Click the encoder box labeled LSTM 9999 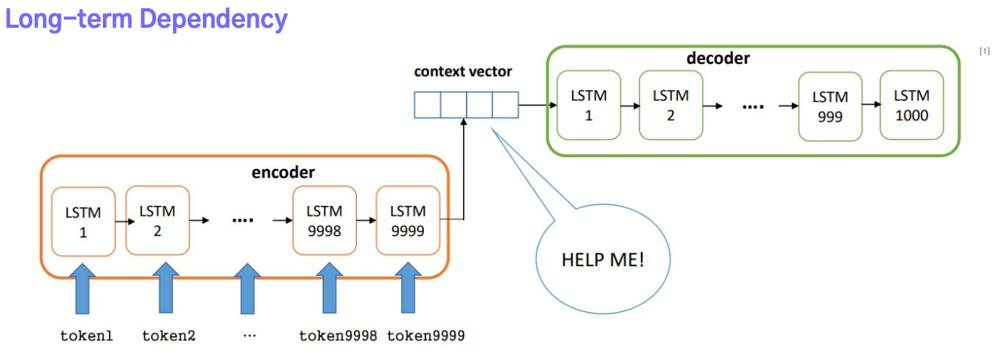(x=408, y=220)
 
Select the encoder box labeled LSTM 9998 (x=324, y=220)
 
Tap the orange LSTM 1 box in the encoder (x=83, y=222)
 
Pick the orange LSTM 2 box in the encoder (x=157, y=220)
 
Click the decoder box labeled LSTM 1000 (x=912, y=105)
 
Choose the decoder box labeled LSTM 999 (x=830, y=107)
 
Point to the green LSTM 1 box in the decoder (x=588, y=105)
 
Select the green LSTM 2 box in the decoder (x=671, y=105)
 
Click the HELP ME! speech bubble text (x=603, y=259)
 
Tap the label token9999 (x=425, y=335)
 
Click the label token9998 (x=338, y=335)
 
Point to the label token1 (x=86, y=335)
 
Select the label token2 (x=169, y=335)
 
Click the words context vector (x=463, y=71)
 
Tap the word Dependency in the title (x=213, y=20)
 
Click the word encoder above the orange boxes (x=283, y=172)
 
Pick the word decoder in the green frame (x=718, y=58)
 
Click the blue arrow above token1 (x=83, y=289)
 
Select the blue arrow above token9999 (x=408, y=288)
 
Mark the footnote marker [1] (x=984, y=52)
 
